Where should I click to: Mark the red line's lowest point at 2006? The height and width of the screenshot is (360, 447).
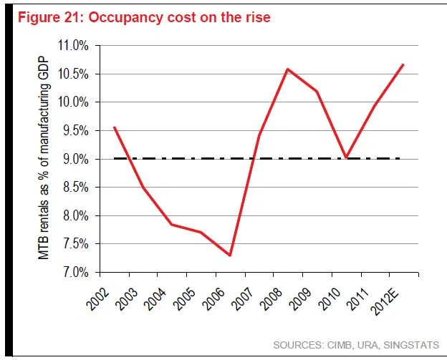(230, 256)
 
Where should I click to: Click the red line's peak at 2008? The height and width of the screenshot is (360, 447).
(287, 69)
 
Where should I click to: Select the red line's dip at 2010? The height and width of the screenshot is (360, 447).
(346, 157)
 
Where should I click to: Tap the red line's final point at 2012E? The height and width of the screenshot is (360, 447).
(403, 64)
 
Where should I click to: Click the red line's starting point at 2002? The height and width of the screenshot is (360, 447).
(115, 127)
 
